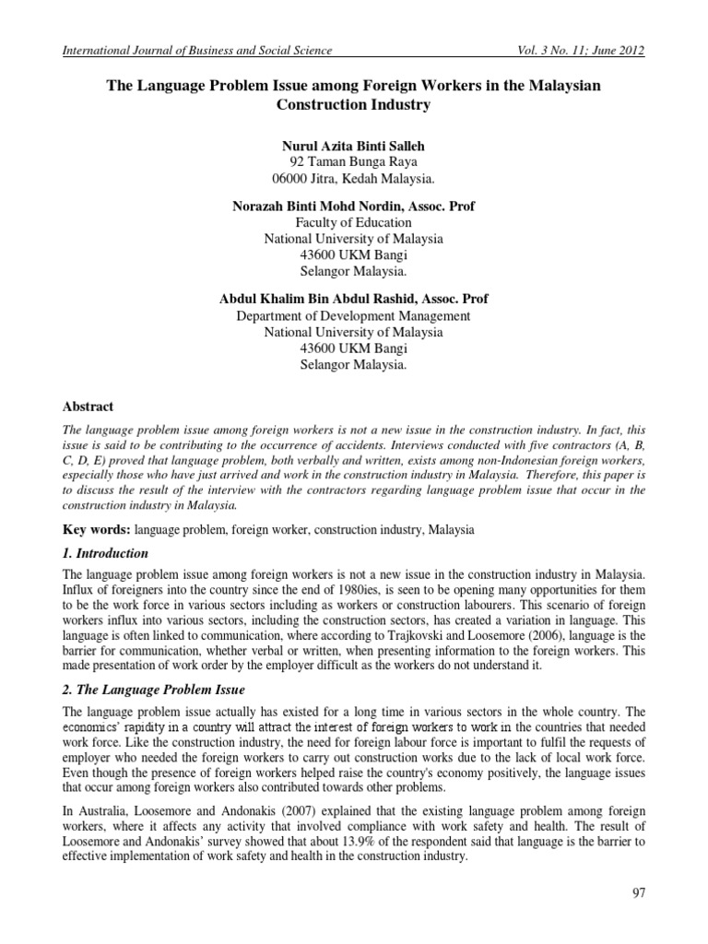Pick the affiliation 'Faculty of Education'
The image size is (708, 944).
(353, 222)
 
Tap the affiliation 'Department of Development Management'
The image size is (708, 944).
(353, 315)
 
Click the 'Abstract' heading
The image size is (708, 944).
(88, 407)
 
